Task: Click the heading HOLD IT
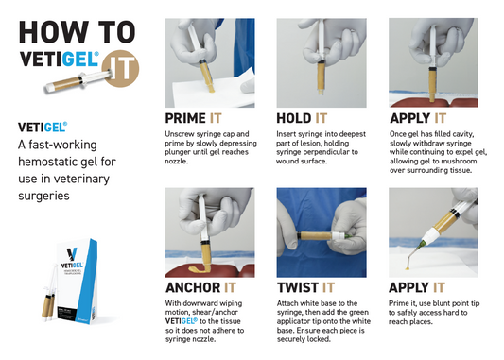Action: [x=305, y=119]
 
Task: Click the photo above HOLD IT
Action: [x=321, y=60]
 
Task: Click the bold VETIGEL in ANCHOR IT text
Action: [x=184, y=321]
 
